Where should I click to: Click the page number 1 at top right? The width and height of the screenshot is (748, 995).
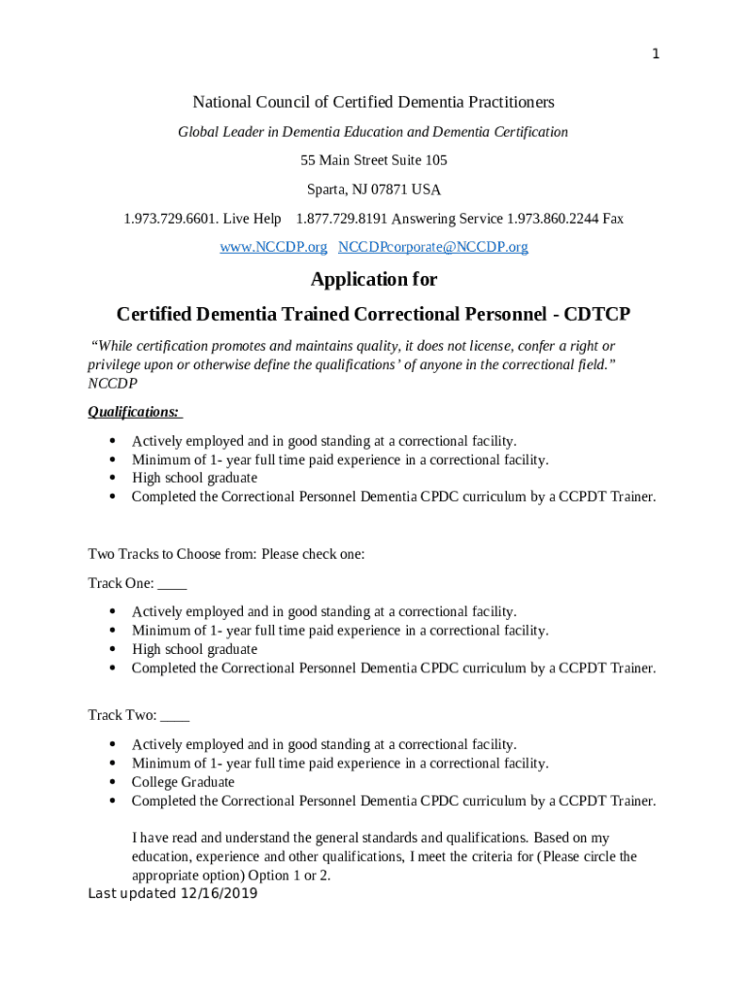click(656, 54)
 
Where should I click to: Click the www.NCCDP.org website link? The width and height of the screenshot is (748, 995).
click(273, 247)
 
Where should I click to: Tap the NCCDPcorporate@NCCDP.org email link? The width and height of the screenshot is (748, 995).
click(432, 247)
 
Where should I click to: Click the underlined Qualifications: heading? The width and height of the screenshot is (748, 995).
click(134, 412)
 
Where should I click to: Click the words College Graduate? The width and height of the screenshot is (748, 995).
click(183, 782)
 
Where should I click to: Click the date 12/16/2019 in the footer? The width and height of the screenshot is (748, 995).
click(219, 894)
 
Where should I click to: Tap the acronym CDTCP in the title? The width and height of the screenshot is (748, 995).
click(597, 315)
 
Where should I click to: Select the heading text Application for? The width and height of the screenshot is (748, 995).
click(374, 280)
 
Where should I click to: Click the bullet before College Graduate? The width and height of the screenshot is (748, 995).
click(114, 782)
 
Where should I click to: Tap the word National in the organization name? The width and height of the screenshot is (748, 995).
click(221, 102)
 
